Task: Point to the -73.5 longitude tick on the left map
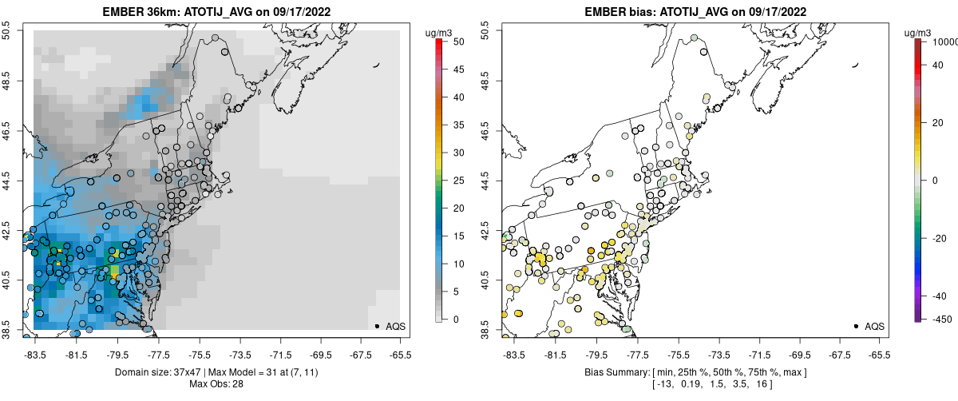[x=240, y=354]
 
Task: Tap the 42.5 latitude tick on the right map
[x=485, y=234]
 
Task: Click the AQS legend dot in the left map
[x=377, y=326]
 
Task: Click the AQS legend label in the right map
[x=874, y=327]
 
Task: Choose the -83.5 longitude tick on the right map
[x=512, y=354]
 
